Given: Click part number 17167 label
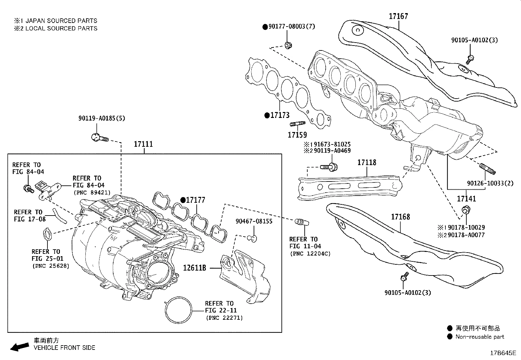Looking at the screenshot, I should click(398, 16).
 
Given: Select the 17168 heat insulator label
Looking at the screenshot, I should click(401, 217).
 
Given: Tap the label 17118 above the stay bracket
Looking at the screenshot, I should click(367, 162).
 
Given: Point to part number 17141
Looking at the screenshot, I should click(466, 199).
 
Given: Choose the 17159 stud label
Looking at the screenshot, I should click(297, 135).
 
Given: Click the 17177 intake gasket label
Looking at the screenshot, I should click(195, 200).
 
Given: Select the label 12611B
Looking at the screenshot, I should click(194, 268).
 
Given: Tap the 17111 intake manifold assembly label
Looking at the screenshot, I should click(143, 144).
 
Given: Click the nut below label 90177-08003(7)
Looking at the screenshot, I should click(288, 45).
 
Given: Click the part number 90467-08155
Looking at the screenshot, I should click(254, 221).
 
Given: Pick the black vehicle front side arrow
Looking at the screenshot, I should click(20, 347).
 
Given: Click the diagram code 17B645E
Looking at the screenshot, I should click(503, 353).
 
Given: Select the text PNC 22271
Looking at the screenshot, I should click(224, 318).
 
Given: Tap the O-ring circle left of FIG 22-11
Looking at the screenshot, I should click(178, 310).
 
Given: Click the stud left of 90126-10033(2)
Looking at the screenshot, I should click(488, 169).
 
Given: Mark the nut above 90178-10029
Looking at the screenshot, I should click(466, 210).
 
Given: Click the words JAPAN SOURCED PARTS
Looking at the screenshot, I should click(61, 21).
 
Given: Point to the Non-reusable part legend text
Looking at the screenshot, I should click(479, 337).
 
